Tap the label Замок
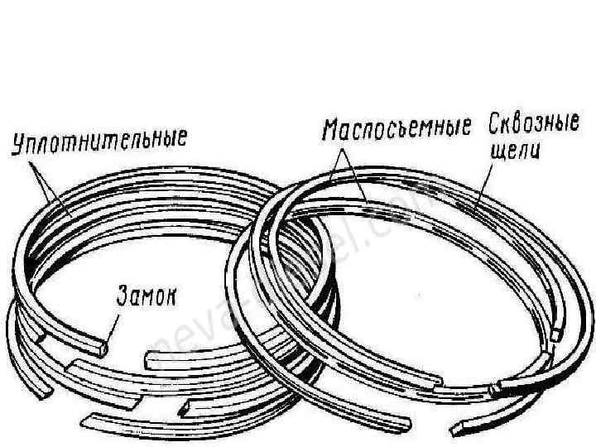tap(145, 296)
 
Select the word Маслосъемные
tap(396, 129)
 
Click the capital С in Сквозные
tap(494, 127)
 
